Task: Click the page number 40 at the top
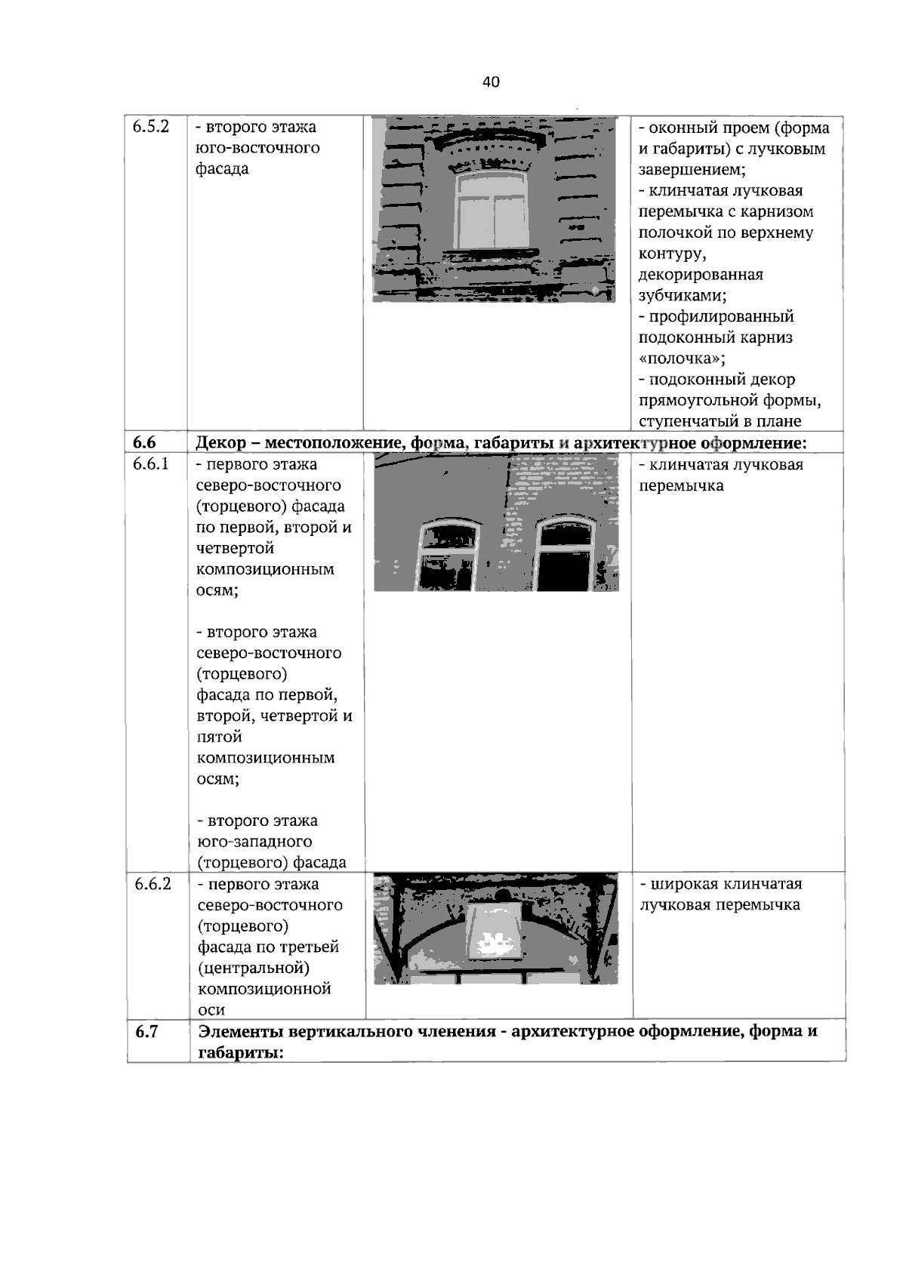(491, 82)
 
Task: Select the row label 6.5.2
(149, 127)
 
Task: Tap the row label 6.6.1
(150, 464)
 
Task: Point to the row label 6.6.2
(153, 884)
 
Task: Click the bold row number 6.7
(146, 1031)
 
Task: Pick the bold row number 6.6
(144, 443)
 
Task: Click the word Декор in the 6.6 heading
(220, 443)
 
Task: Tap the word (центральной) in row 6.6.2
(254, 968)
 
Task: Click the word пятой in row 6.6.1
(219, 737)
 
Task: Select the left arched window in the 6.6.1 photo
(448, 555)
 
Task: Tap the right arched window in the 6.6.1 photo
(565, 555)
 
